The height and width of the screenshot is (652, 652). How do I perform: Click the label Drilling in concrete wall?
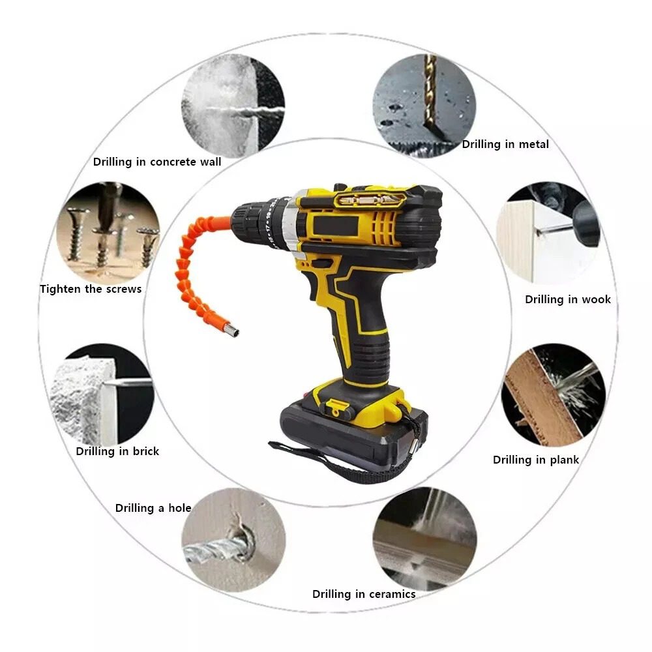click(157, 162)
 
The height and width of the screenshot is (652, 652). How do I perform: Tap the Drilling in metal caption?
click(505, 144)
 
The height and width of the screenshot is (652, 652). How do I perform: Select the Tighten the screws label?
click(91, 289)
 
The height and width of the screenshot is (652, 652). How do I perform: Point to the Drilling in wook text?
click(568, 299)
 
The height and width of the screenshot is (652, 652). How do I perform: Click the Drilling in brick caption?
click(117, 451)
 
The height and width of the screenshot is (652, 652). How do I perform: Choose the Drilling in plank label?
click(536, 460)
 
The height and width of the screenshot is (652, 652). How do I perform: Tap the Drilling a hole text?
click(153, 508)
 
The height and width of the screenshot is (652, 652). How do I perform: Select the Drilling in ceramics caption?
click(364, 594)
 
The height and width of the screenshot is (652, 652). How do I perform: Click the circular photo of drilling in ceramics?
click(424, 539)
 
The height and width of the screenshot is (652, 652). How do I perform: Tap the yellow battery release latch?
click(338, 408)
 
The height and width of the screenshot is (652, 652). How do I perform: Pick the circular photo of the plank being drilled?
click(554, 395)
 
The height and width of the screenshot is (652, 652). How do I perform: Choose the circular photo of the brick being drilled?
click(102, 395)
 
